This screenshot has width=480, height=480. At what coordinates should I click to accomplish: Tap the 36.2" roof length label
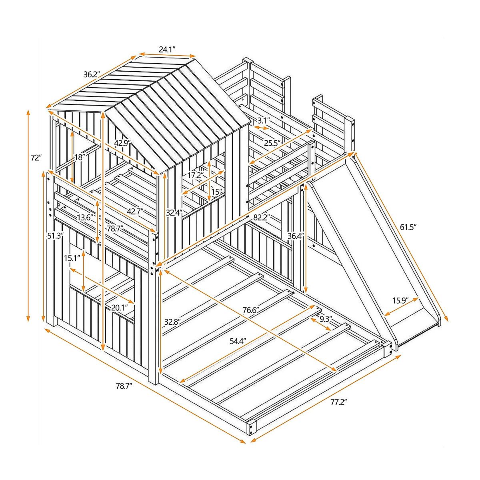(x=92, y=75)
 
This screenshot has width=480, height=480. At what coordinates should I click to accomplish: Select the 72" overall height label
(x=36, y=158)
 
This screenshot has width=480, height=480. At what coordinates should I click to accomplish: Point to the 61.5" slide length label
(x=408, y=227)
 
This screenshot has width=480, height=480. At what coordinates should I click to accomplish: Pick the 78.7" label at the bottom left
(x=124, y=386)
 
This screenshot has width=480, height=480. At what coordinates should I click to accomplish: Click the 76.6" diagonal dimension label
(x=251, y=310)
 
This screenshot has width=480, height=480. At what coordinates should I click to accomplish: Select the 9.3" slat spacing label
(x=326, y=319)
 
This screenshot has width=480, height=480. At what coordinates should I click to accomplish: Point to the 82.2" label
(x=262, y=218)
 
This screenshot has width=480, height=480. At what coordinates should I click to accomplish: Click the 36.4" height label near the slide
(x=296, y=236)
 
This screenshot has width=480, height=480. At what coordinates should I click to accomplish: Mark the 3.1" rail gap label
(x=263, y=120)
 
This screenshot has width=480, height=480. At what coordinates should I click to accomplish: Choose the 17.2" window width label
(x=196, y=175)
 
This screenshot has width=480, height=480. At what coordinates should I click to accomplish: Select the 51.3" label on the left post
(x=55, y=236)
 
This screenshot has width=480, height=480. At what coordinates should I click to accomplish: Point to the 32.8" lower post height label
(x=173, y=321)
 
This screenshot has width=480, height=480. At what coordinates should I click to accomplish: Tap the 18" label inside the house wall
(x=80, y=157)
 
